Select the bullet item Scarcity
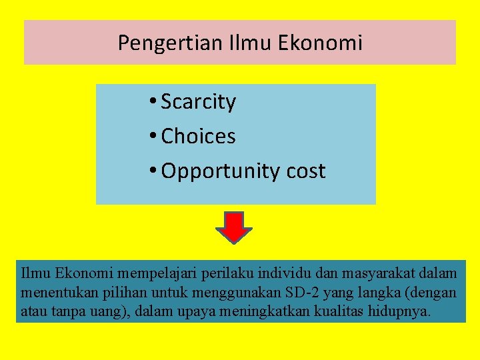[x=199, y=102]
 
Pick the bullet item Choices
[x=199, y=137]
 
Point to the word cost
[x=306, y=171]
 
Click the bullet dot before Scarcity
[x=153, y=102]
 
